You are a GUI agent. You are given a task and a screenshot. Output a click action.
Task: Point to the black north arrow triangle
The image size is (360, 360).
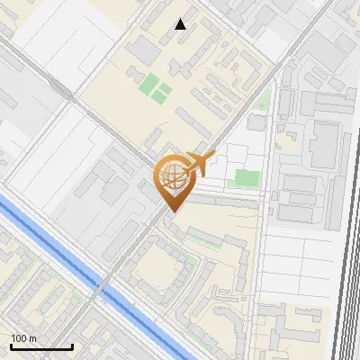181,24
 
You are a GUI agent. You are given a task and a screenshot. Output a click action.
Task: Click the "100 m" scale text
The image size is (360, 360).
23,337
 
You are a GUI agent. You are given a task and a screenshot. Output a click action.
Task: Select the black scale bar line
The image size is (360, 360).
41,346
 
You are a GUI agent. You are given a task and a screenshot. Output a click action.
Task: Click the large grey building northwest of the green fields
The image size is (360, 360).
143,51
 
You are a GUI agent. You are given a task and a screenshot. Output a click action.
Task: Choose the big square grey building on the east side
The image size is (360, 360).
325,145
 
